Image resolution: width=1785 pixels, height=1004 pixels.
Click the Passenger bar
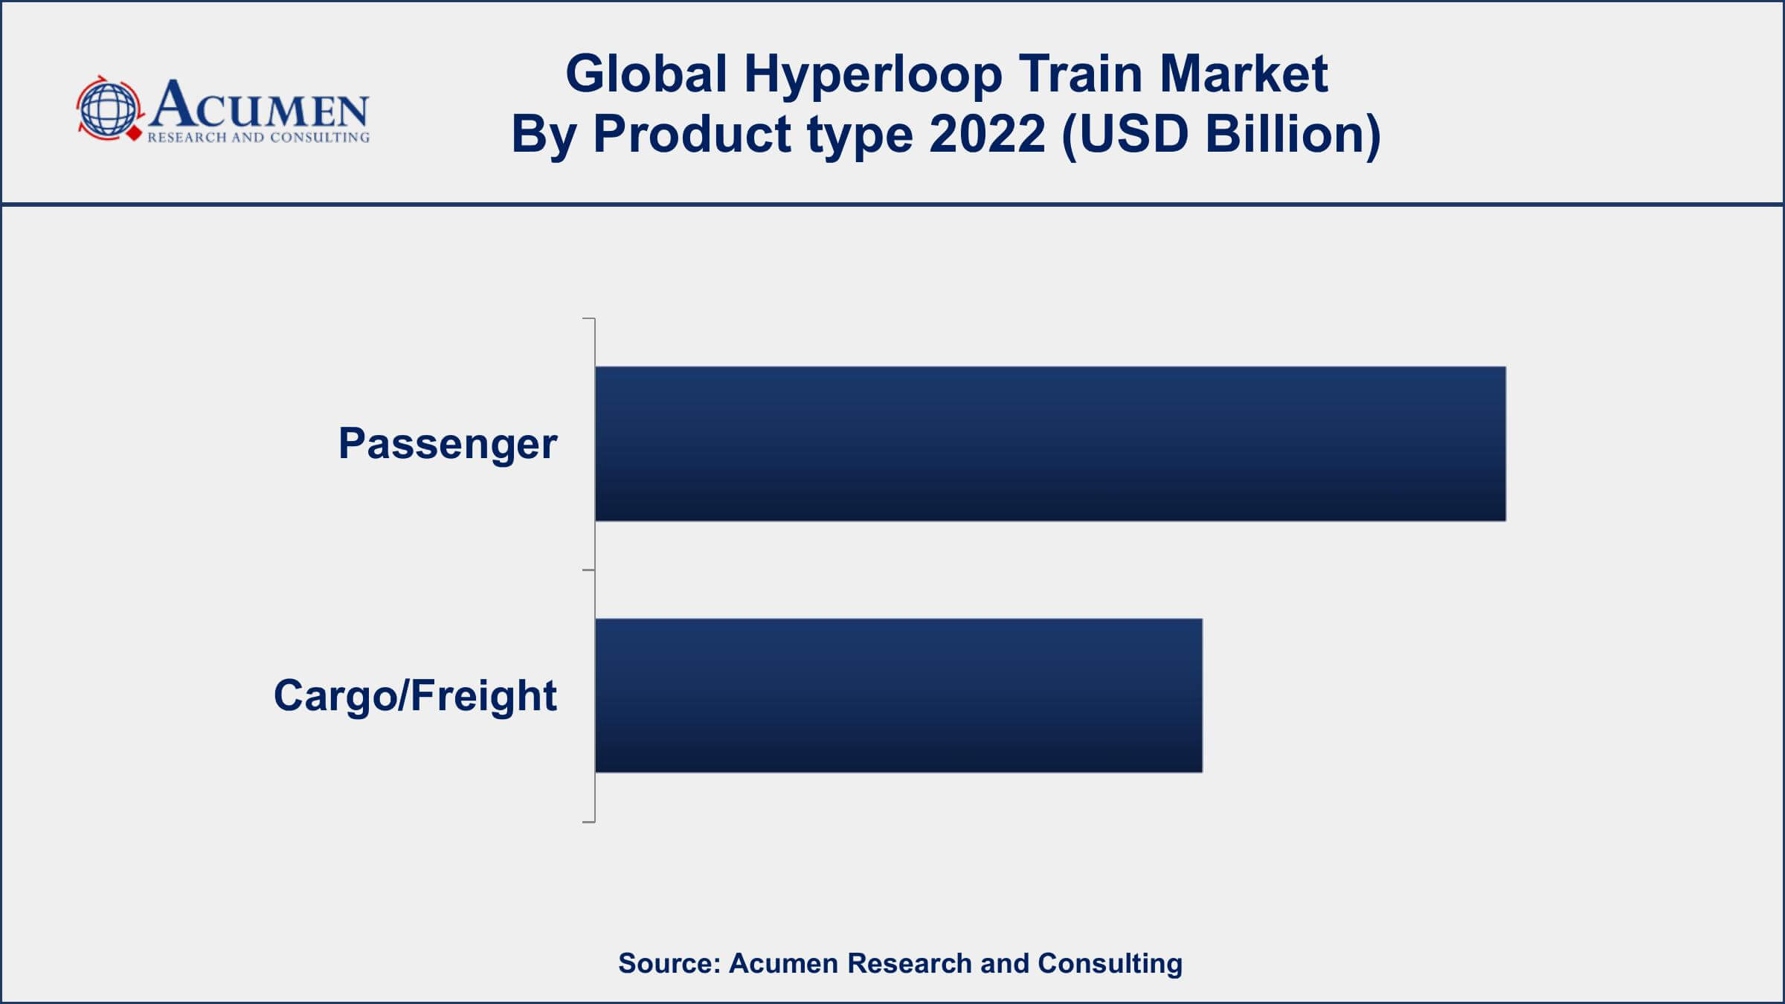point(1050,443)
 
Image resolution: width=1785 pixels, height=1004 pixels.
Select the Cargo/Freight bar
point(898,695)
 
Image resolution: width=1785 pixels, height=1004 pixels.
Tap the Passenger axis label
point(448,445)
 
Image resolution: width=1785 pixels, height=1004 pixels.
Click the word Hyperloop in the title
point(873,75)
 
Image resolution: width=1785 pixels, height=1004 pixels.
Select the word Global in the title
point(646,74)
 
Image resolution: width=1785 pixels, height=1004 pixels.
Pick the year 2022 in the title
point(987,135)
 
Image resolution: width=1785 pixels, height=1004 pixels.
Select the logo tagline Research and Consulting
point(258,138)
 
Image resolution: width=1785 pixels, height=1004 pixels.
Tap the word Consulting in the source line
point(1110,964)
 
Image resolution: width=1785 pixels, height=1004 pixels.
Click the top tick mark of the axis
point(588,318)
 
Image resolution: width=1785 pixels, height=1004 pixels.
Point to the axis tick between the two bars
point(588,570)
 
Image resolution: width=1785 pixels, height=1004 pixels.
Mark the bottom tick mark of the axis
point(588,822)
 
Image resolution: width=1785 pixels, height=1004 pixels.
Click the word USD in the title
point(1125,135)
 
